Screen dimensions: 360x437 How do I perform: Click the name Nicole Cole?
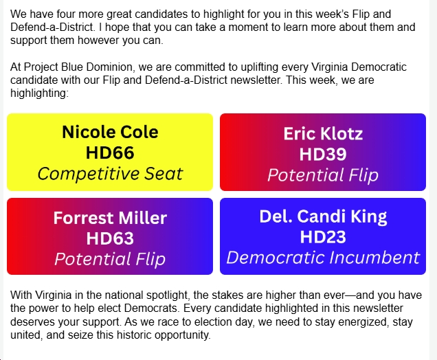click(110, 132)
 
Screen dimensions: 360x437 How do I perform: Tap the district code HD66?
click(110, 153)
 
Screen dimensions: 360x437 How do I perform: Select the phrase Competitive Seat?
click(110, 173)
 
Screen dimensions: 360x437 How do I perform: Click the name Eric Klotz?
click(323, 133)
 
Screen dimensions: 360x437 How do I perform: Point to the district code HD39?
click(323, 154)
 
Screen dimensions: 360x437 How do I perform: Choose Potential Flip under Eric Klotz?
click(323, 175)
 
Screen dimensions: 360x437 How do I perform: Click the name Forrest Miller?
click(110, 218)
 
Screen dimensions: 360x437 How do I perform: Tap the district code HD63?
click(110, 238)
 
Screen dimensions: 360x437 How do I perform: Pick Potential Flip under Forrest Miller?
click(110, 259)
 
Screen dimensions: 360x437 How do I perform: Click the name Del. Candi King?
click(323, 216)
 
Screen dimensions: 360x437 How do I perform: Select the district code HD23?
click(323, 237)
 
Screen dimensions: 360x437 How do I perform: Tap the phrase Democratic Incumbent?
click(323, 258)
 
